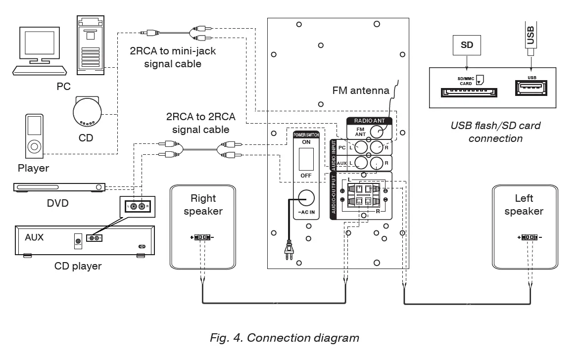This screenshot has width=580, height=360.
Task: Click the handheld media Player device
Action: pyautogui.click(x=34, y=134)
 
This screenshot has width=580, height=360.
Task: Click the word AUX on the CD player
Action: pyautogui.click(x=34, y=237)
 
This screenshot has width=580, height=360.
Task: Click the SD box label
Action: pyautogui.click(x=467, y=45)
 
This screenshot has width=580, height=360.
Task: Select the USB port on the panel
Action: pyautogui.click(x=532, y=89)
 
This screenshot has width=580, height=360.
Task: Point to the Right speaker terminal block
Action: pyautogui.click(x=202, y=238)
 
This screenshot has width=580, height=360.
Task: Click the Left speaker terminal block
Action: pyautogui.click(x=530, y=238)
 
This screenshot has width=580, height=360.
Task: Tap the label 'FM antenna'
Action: pyautogui.click(x=361, y=90)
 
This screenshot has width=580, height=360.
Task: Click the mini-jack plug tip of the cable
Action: pyautogui.click(x=142, y=33)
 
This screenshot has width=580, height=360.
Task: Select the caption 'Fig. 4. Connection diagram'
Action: pyautogui.click(x=285, y=338)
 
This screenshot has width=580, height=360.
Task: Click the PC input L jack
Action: pyautogui.click(x=361, y=147)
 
